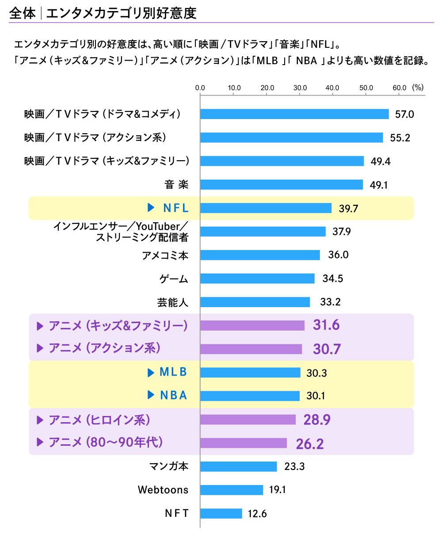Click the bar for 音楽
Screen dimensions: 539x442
point(282,185)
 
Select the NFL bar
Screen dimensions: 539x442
point(266,208)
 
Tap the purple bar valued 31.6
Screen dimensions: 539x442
point(252,326)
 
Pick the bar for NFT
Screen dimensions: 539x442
point(221,513)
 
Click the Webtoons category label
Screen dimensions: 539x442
point(163,490)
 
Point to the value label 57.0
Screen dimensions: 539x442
point(404,114)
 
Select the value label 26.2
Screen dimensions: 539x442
point(310,443)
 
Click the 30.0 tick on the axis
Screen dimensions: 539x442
point(300,88)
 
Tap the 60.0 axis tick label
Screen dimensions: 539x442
point(400,88)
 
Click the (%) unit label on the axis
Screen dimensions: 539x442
point(418,87)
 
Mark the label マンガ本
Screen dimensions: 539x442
point(169,466)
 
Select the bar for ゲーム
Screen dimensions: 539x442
point(258,278)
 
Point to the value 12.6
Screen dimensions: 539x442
point(257,514)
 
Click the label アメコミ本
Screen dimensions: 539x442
point(165,255)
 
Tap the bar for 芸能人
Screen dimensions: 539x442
point(255,302)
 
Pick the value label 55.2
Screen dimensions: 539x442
point(400,138)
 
